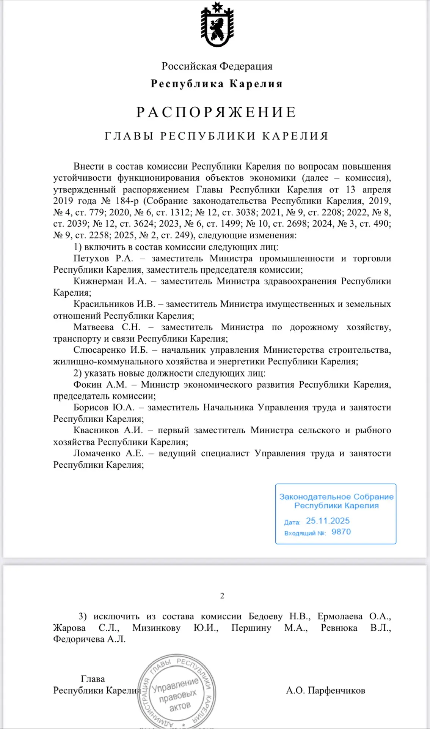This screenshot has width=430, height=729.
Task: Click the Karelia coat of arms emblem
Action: coord(217,25)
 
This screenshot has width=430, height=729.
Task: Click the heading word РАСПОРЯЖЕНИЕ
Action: coord(217,112)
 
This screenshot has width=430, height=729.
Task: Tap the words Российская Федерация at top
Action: coord(217,66)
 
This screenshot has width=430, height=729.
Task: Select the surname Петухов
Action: coord(91,259)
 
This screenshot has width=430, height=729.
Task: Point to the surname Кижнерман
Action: coord(98,281)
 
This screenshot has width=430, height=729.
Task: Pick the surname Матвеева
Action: coord(93,327)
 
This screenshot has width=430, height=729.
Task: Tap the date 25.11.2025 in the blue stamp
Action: coord(328,521)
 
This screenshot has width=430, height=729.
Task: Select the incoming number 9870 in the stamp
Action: coord(341,532)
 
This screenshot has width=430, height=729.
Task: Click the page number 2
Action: coord(222,596)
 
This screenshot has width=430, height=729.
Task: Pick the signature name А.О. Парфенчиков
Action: coord(325,690)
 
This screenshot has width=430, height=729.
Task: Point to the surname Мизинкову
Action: coord(156,628)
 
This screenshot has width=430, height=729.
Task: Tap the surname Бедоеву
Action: coord(265,617)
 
